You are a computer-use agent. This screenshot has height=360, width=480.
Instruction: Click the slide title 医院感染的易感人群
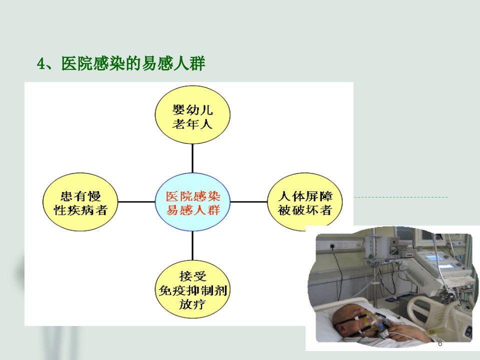point(133,63)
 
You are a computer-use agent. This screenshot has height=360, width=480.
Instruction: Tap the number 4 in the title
point(40,63)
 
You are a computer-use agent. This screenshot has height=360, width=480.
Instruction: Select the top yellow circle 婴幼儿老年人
point(192,114)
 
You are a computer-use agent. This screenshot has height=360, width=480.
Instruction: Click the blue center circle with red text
point(192,202)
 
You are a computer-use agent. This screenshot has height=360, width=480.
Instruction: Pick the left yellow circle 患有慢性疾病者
point(80,202)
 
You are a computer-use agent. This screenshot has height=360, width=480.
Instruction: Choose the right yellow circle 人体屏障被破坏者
point(305,202)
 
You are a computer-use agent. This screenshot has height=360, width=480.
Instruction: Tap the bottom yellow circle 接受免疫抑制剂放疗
point(192,289)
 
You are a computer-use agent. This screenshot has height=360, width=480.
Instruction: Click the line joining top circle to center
point(192,158)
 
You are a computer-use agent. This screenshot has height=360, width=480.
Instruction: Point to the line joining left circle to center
point(136,202)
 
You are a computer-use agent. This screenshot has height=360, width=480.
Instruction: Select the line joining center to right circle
point(248,202)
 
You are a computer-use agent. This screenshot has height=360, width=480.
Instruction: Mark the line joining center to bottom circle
point(192,246)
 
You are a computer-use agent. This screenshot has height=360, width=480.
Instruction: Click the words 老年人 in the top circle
point(192,124)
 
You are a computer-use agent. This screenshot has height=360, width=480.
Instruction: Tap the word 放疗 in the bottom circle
point(192,304)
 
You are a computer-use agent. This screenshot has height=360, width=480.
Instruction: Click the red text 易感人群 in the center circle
point(193,210)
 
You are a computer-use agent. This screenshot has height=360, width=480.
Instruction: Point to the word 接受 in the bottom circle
point(192,276)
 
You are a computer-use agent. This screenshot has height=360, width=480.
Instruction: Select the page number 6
point(440,343)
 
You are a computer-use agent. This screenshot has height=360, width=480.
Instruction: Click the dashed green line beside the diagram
point(401,197)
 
